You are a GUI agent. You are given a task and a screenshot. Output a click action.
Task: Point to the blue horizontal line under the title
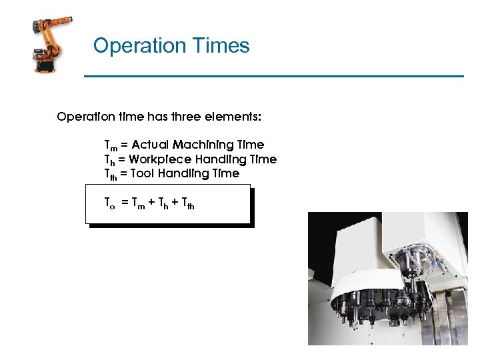point(273,77)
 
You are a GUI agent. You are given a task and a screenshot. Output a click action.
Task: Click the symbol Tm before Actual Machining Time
point(109,145)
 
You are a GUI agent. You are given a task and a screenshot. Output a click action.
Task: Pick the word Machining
point(202,145)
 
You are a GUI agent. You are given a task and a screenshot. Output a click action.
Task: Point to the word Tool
point(142,173)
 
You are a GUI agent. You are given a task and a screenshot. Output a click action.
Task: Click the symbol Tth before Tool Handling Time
point(111,174)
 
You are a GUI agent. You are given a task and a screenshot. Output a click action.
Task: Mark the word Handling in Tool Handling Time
point(183,173)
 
